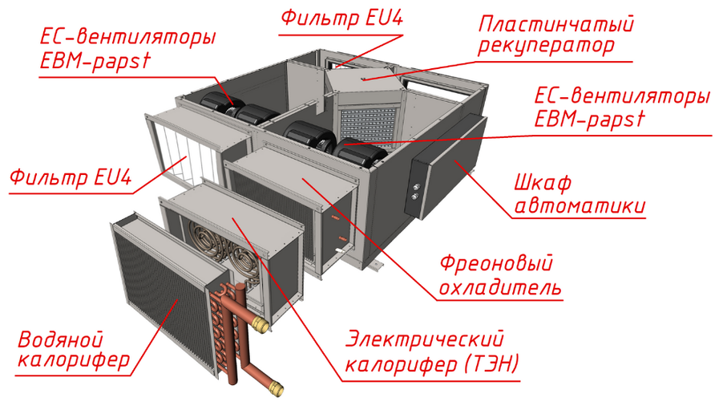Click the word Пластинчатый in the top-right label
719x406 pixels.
click(x=555, y=24)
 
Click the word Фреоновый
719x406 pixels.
click(x=497, y=263)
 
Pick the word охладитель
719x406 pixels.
click(x=497, y=286)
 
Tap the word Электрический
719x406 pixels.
click(x=428, y=339)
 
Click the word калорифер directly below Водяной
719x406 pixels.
click(x=73, y=361)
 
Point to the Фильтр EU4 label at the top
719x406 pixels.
click(x=340, y=19)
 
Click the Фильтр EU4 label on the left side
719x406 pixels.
click(x=71, y=177)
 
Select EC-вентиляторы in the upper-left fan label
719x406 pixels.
click(x=127, y=38)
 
